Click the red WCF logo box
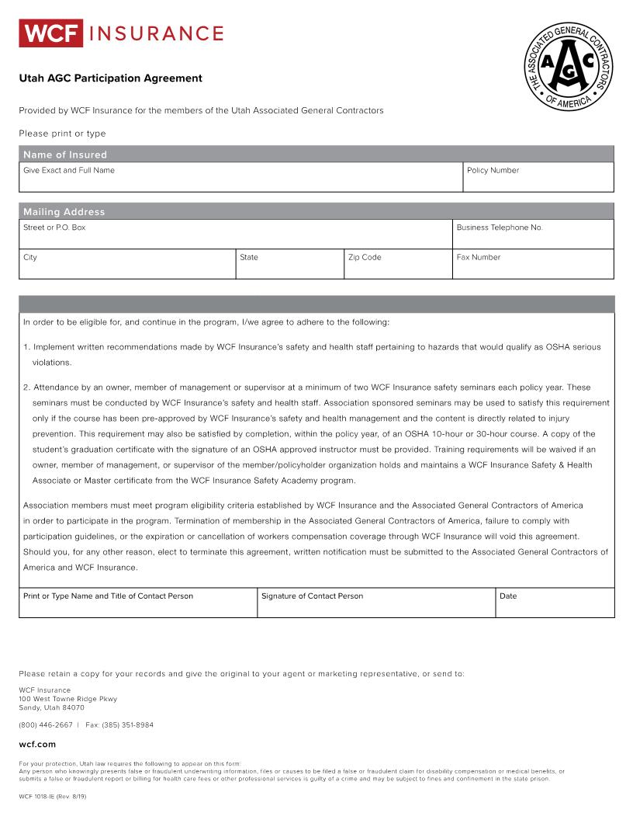pos(50,33)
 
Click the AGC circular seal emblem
pos(569,66)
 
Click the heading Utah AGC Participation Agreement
pos(110,78)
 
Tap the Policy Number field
pos(538,179)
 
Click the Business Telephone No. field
pos(533,236)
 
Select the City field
pos(127,266)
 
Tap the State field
pos(289,266)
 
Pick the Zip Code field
pos(397,266)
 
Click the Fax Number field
pos(533,266)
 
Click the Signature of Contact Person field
pos(376,605)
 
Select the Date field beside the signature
pos(555,605)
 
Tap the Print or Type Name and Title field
pos(138,605)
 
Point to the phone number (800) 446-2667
pos(46,725)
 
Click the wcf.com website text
pos(37,745)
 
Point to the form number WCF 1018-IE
pos(37,797)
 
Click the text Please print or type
pos(62,134)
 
